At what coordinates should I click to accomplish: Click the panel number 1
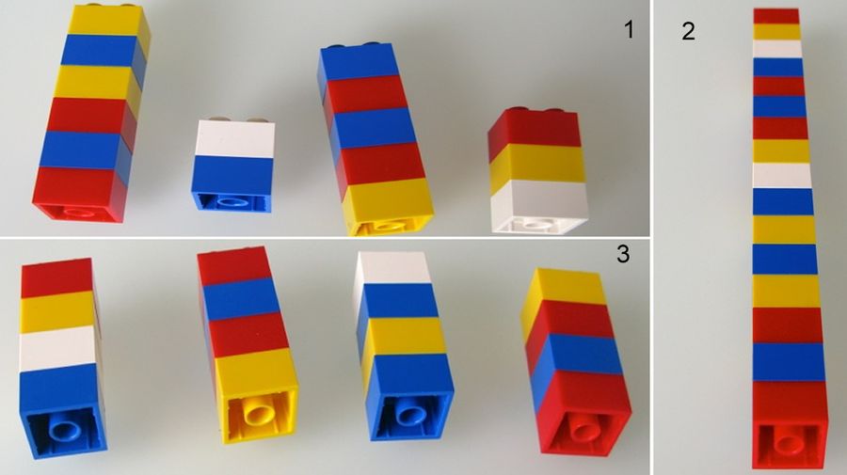629,30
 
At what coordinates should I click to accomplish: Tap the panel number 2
688,31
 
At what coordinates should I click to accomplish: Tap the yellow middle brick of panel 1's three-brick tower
537,164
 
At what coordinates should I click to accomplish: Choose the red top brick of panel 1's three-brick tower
534,130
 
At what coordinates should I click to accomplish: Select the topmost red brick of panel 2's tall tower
776,15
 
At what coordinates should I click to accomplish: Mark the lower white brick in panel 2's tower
781,175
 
